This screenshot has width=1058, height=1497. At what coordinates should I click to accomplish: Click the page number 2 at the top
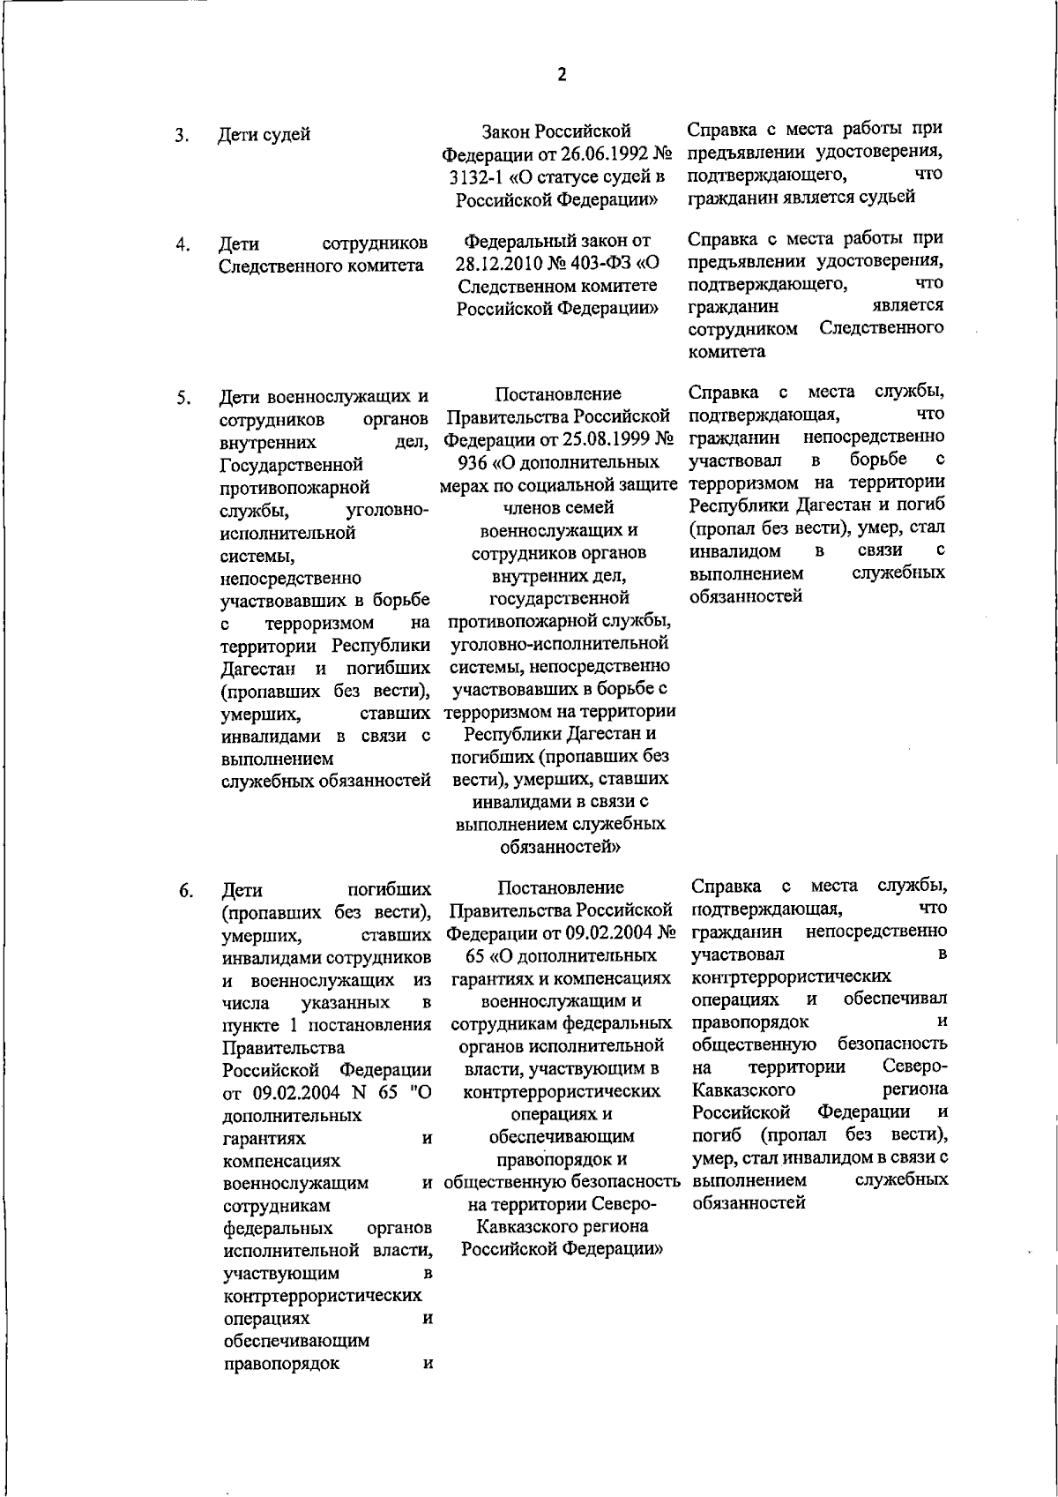click(x=562, y=74)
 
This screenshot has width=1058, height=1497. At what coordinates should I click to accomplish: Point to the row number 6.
click(x=186, y=891)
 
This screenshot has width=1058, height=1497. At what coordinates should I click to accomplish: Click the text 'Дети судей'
click(x=264, y=135)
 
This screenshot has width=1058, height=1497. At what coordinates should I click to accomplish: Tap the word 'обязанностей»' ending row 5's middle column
click(x=561, y=848)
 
